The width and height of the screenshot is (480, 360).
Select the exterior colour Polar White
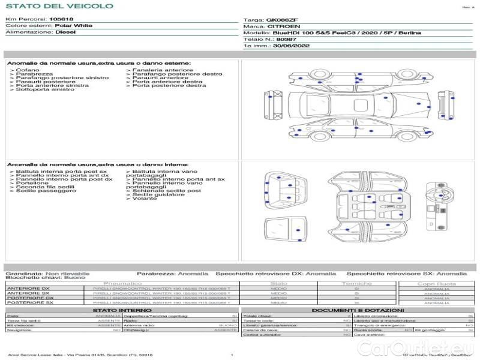pyautogui.click(x=73, y=26)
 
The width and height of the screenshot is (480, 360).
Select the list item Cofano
pyautogui.click(x=28, y=70)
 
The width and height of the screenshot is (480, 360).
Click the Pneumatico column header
pyautogui.click(x=123, y=283)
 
